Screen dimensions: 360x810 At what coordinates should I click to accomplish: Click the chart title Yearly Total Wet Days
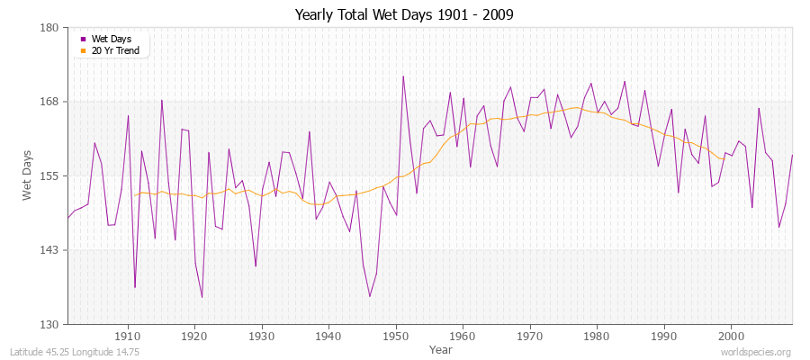(x=405, y=14)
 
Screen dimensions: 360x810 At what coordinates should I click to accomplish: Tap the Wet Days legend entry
(x=111, y=39)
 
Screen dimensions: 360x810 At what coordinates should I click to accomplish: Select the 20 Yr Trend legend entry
(x=114, y=50)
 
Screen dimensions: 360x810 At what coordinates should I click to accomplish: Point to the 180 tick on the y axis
(x=50, y=28)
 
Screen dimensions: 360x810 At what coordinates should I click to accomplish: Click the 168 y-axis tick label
(x=50, y=102)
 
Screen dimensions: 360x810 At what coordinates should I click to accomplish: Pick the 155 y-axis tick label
(x=50, y=175)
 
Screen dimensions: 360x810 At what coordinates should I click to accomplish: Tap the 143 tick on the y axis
(x=50, y=250)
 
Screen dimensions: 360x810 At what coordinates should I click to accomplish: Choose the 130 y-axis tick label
(x=50, y=324)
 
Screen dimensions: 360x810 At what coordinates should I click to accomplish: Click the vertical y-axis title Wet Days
(x=28, y=175)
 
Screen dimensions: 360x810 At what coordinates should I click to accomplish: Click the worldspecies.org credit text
(x=756, y=352)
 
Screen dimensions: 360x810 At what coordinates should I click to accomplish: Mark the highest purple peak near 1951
(x=403, y=76)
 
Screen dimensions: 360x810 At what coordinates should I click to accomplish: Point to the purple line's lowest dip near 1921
(x=202, y=297)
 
